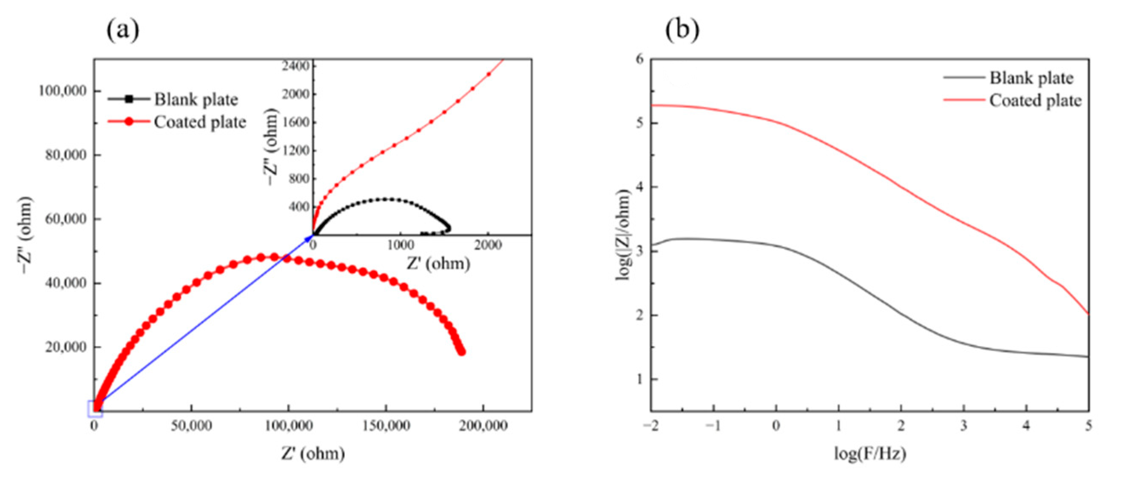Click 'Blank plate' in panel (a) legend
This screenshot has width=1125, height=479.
tap(196, 99)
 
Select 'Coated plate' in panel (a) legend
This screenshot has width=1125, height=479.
tap(199, 122)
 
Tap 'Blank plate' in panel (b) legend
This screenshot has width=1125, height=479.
tap(1031, 78)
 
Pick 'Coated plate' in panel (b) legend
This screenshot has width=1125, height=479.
tap(1035, 100)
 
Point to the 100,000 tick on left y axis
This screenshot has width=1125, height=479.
tap(62, 91)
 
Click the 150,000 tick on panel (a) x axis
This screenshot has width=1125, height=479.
tap(386, 426)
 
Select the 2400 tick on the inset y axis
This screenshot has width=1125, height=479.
tap(295, 66)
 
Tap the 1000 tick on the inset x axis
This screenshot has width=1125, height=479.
tap(400, 245)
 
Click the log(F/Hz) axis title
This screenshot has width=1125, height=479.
tap(870, 454)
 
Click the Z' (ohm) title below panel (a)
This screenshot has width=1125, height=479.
tap(312, 454)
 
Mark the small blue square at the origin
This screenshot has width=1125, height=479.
tap(95, 408)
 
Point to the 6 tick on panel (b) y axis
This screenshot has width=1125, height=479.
tap(640, 60)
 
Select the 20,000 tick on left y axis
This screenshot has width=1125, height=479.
tap(66, 347)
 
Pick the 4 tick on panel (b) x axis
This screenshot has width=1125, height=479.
tap(1026, 426)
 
